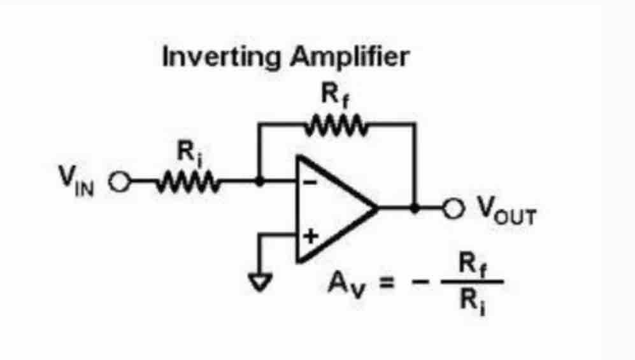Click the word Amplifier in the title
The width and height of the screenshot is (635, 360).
point(348,57)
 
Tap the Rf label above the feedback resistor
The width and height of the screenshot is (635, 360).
point(335,96)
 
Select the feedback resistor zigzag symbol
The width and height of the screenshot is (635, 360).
point(336,124)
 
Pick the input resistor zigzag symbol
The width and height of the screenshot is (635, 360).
point(187,182)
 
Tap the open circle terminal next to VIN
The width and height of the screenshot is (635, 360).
point(118,182)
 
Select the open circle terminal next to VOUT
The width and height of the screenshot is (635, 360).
point(453,208)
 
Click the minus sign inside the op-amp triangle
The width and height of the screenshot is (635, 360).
point(309,182)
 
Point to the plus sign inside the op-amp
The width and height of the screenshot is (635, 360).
point(310,238)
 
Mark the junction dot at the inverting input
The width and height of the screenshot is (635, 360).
point(259,182)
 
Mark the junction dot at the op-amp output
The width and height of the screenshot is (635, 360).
point(415,208)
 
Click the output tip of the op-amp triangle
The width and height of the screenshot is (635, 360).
point(376,208)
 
